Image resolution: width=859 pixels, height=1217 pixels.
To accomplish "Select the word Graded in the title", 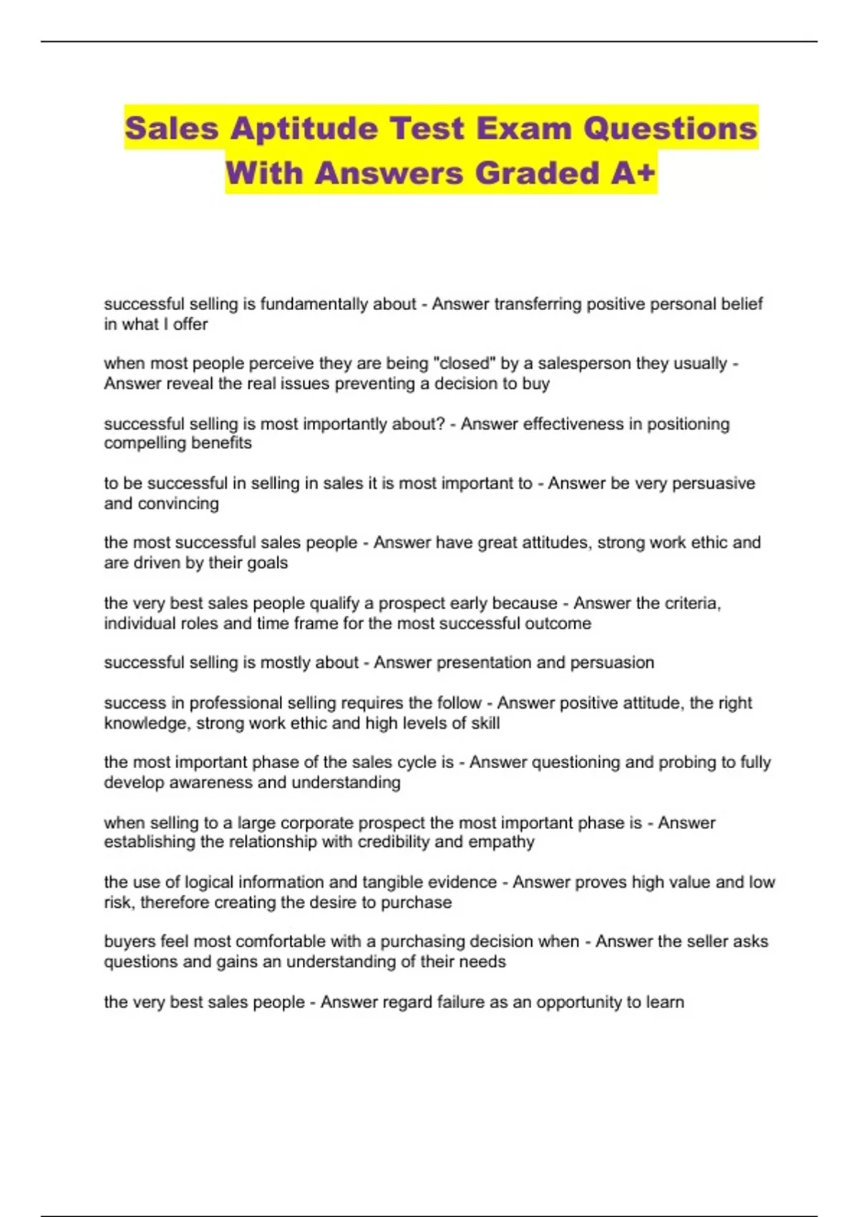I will pyautogui.click(x=537, y=173).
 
